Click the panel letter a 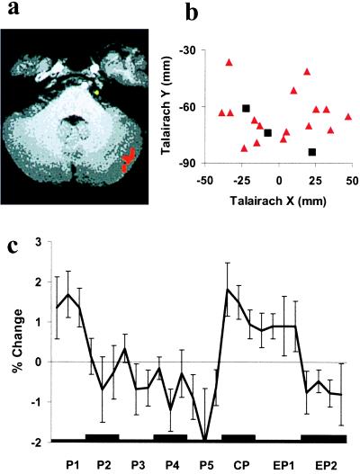pos(13,8)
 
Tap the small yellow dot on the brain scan pos(96,93)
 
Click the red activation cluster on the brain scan pos(129,159)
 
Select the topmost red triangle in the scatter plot pos(229,63)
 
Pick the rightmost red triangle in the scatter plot pos(348,117)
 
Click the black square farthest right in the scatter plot pos(312,152)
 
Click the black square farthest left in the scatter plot pos(246,108)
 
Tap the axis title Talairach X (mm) pos(278,201)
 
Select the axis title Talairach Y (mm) pos(166,106)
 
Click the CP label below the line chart pos(241,465)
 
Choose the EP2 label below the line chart pos(326,465)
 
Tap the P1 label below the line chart pos(72,465)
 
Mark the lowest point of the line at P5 pos(205,440)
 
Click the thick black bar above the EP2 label pos(324,439)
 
